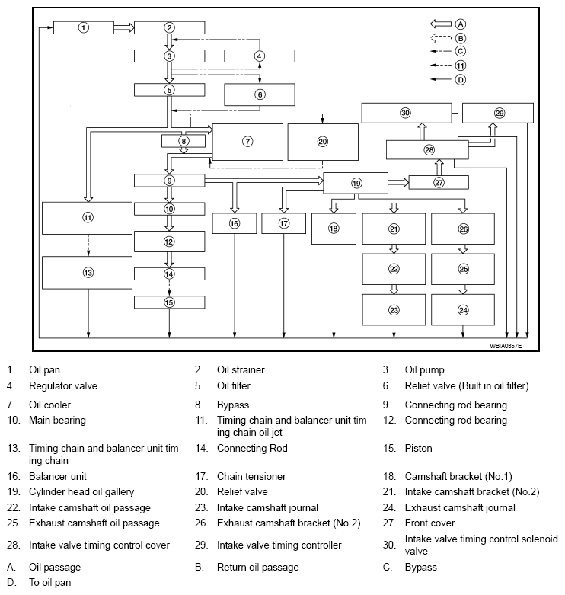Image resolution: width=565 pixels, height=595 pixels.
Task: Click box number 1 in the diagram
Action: click(x=84, y=27)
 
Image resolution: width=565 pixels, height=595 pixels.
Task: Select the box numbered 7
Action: click(x=247, y=142)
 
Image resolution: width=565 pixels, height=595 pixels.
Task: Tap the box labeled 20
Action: click(x=322, y=142)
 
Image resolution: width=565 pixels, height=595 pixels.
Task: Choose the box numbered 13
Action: click(x=88, y=273)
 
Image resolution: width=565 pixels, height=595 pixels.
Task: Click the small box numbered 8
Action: click(x=183, y=141)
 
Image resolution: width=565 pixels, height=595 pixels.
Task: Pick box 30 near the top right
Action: click(x=405, y=112)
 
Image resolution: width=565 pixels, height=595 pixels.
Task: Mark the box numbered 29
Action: click(x=500, y=112)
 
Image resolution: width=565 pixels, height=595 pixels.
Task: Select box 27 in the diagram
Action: click(x=439, y=182)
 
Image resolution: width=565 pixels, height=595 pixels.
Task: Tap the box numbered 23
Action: click(x=394, y=310)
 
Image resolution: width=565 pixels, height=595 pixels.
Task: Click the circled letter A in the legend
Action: click(x=461, y=24)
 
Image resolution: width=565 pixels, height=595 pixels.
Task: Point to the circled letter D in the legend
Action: click(x=461, y=78)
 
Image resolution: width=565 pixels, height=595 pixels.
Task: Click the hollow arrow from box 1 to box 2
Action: click(x=123, y=27)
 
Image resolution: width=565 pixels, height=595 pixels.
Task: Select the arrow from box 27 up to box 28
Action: click(x=439, y=167)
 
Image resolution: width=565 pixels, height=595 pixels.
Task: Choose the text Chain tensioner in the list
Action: click(x=251, y=476)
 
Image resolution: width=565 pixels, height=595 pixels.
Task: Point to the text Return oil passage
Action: click(x=257, y=567)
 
